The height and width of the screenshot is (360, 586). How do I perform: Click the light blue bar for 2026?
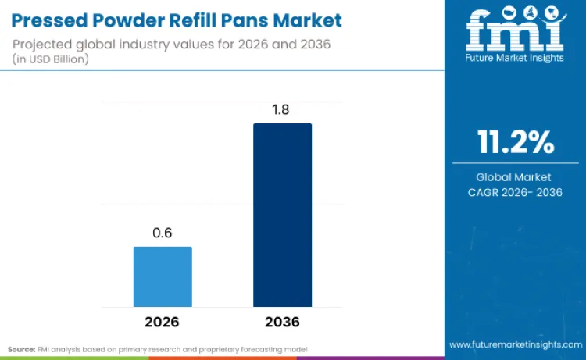163,276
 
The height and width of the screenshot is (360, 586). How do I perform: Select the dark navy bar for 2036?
282,215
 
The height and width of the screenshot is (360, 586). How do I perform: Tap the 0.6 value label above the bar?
163,233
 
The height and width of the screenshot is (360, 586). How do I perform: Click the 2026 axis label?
163,322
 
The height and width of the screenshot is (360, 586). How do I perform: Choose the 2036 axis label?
282,322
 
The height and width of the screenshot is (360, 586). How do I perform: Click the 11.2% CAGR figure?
516,143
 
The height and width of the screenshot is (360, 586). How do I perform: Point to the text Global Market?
515,177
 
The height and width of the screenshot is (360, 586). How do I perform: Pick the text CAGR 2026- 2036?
515,192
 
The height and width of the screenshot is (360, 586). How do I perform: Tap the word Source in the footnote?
22,348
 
